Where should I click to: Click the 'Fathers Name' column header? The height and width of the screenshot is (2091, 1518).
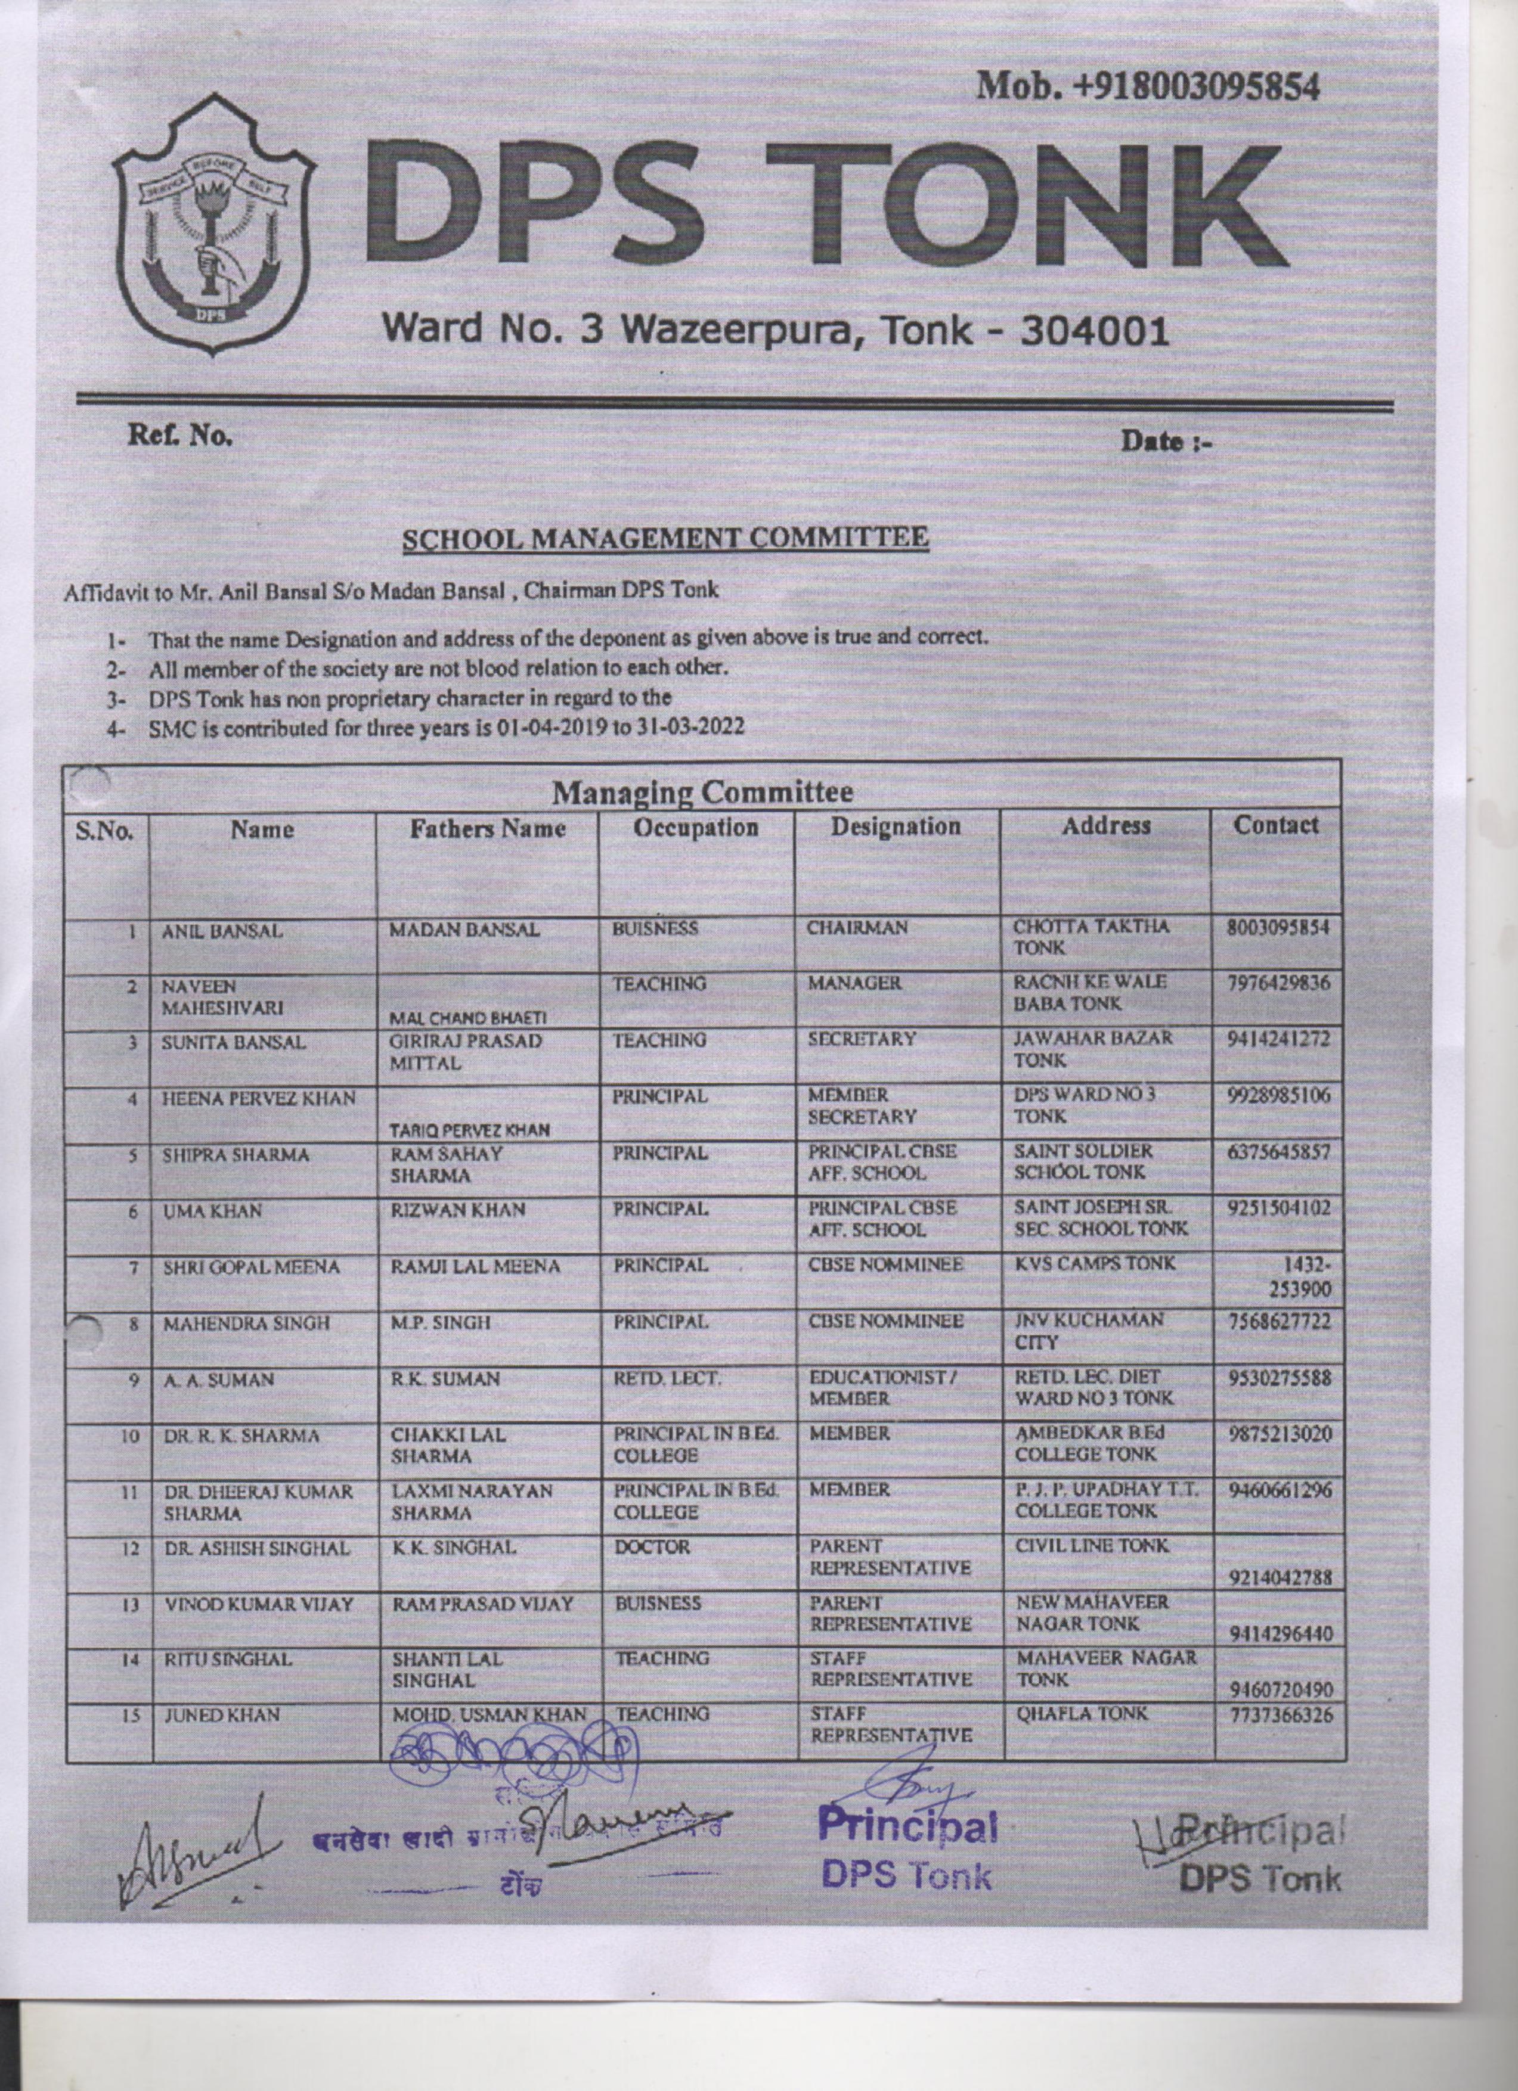pyautogui.click(x=487, y=829)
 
